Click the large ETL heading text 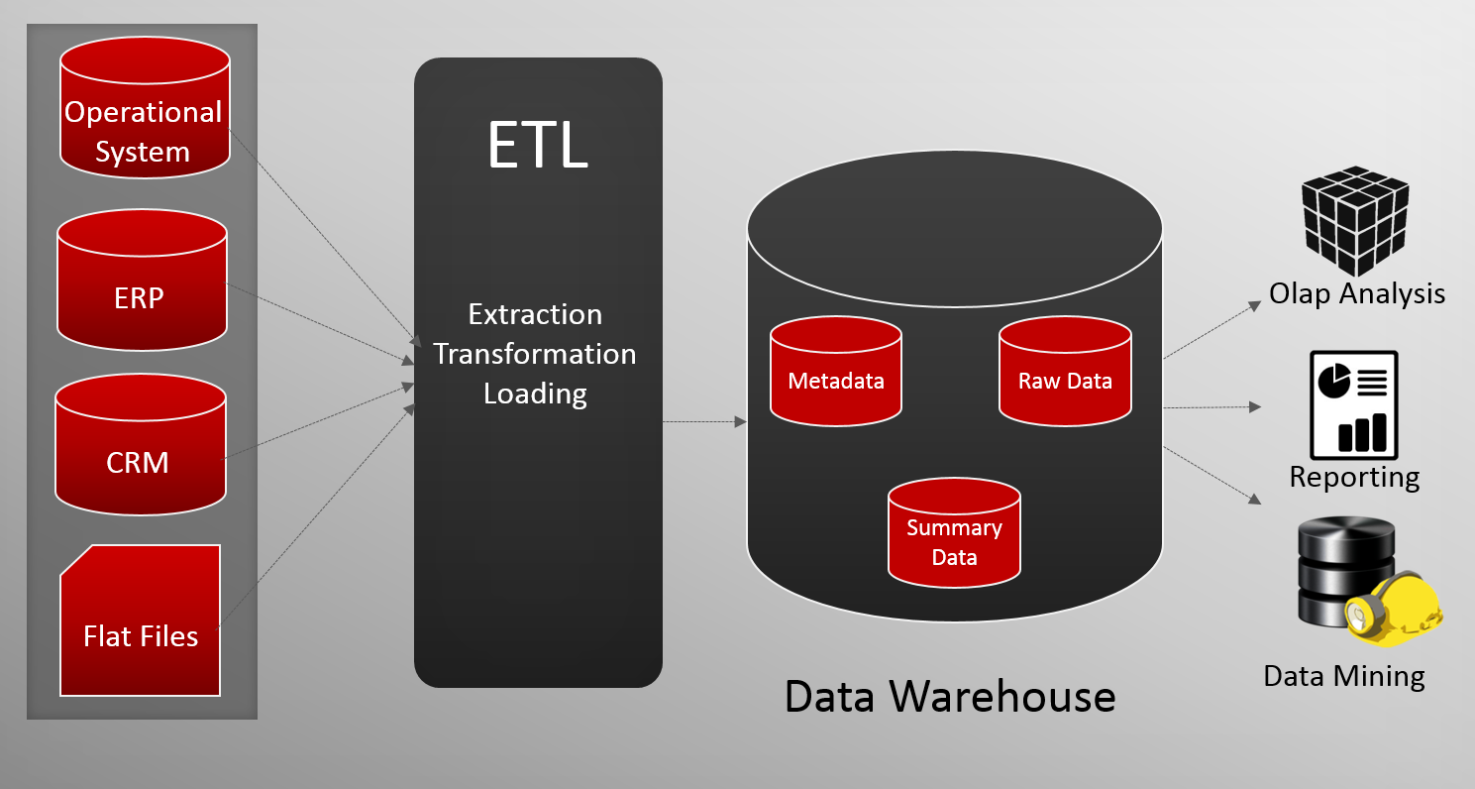(537, 145)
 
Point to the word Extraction (535, 314)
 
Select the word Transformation (535, 354)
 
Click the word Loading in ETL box (535, 394)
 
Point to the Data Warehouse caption (950, 696)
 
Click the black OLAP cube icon (1354, 222)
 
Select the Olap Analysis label (1357, 293)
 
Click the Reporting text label (1354, 477)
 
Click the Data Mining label (1344, 676)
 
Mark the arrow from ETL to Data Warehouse (704, 422)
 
